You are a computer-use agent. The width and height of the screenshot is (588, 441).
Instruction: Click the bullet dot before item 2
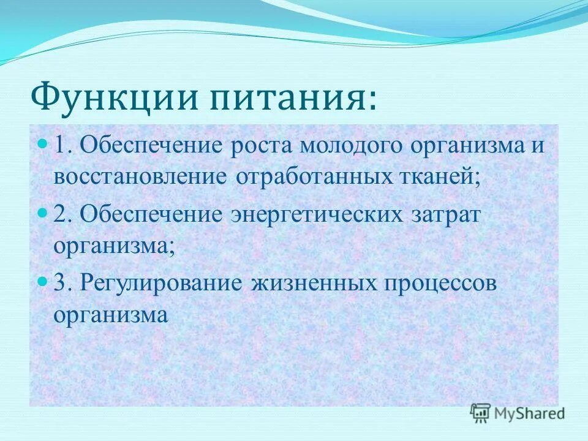coord(42,213)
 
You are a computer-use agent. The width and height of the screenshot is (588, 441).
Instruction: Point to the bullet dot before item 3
coord(42,282)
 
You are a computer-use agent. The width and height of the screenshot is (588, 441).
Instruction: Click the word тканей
coord(440,178)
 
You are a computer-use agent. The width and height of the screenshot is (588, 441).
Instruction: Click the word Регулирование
coord(160,284)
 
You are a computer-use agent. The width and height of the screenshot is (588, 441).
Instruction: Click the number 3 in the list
coord(59,284)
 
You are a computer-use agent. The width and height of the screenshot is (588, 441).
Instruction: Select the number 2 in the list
coord(59,216)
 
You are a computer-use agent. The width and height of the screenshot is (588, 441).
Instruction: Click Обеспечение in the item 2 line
coord(150,216)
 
